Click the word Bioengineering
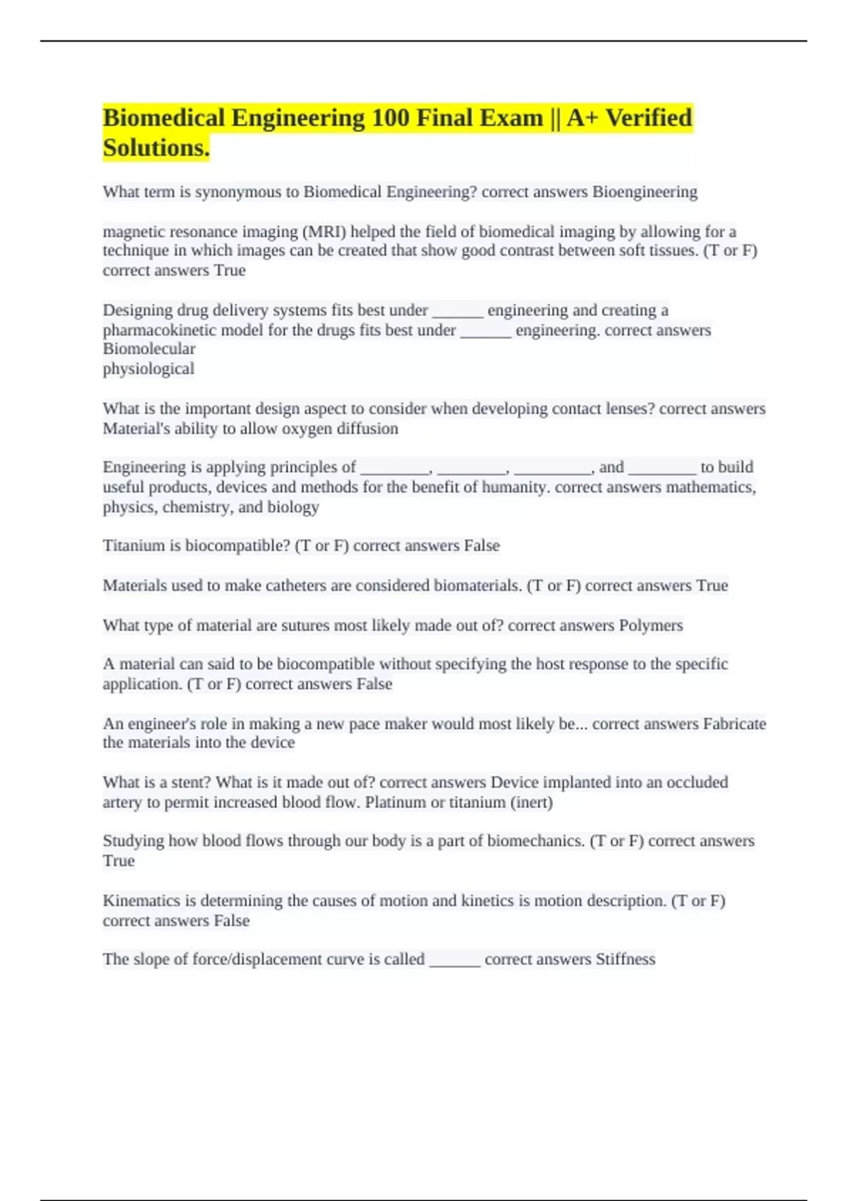[644, 192]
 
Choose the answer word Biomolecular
[149, 349]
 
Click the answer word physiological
[148, 369]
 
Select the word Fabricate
[734, 724]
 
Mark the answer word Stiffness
[625, 959]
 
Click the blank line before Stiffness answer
[454, 961]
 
